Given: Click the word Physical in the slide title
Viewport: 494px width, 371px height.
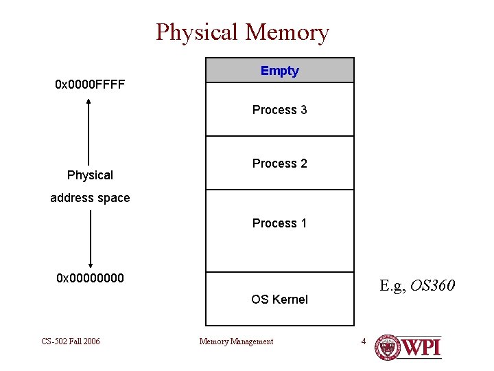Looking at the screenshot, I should (x=197, y=32).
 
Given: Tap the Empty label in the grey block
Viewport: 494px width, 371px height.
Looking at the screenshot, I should (x=280, y=71).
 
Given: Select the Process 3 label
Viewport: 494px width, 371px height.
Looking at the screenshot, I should (x=280, y=110).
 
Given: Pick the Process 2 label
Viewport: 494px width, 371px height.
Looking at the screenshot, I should (x=280, y=164).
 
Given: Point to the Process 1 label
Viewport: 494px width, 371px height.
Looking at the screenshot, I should (x=280, y=223).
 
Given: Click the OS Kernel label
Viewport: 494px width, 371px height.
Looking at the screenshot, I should (x=280, y=300).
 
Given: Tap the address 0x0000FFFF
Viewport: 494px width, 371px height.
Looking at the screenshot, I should (x=90, y=86).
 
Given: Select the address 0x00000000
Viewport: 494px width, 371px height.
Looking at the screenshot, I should (x=90, y=278).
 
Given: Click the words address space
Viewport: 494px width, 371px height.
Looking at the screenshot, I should (x=90, y=198).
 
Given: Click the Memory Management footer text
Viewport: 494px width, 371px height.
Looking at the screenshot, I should (x=236, y=341).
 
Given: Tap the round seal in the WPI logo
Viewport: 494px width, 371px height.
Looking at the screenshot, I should (x=389, y=347).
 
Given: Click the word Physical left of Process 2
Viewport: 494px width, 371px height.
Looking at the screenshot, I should (x=90, y=175).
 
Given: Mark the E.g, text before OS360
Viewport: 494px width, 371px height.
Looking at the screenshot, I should (x=394, y=284).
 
